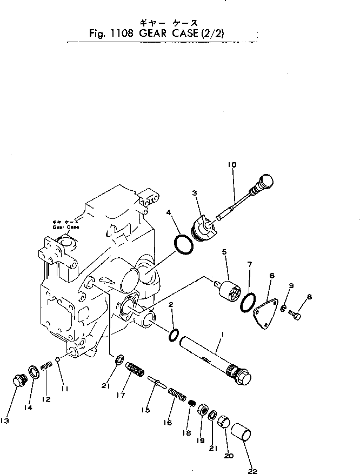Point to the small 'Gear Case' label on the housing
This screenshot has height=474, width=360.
[65, 225]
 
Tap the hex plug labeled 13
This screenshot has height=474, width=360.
[19, 381]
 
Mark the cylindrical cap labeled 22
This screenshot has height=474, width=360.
[243, 433]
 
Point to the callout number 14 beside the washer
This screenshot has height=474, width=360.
[30, 408]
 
